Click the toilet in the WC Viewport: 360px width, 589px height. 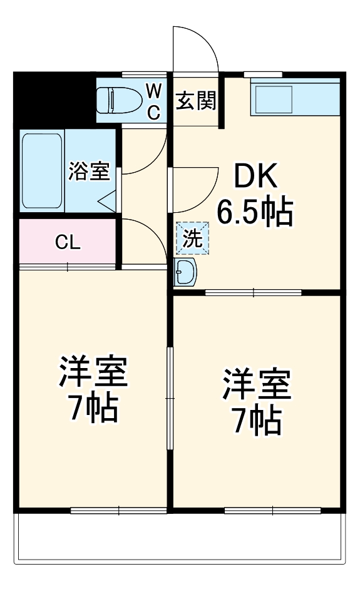point(118,100)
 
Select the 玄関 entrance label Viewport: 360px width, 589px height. point(195,100)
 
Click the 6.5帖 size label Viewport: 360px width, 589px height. point(255,213)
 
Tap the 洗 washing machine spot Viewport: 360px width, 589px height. point(192,238)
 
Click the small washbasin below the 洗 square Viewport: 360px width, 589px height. point(185,272)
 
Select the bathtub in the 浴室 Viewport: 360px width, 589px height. point(42,170)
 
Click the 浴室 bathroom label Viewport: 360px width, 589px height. point(89,171)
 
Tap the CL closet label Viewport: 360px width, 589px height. point(68,243)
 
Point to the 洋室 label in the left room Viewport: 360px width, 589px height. point(93,374)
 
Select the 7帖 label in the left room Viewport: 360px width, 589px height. point(93,408)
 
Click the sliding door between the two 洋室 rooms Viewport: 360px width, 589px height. point(168,397)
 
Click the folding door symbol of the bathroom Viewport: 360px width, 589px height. point(107,200)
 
